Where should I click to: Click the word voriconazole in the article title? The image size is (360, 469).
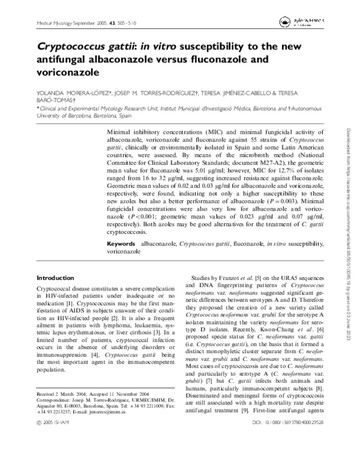point(68,72)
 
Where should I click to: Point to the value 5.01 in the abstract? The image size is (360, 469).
point(237,169)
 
